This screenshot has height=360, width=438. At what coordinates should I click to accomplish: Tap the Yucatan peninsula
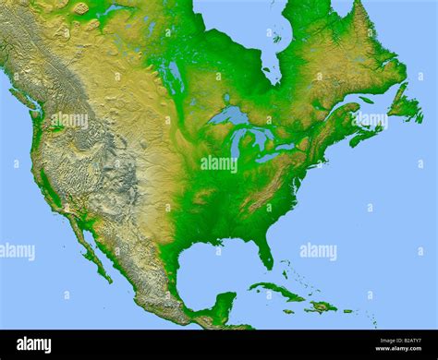(223, 306)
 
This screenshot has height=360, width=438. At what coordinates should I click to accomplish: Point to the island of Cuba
(277, 293)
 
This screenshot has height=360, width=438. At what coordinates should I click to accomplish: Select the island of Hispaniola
(321, 306)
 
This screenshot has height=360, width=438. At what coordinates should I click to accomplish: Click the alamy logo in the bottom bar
(32, 343)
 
